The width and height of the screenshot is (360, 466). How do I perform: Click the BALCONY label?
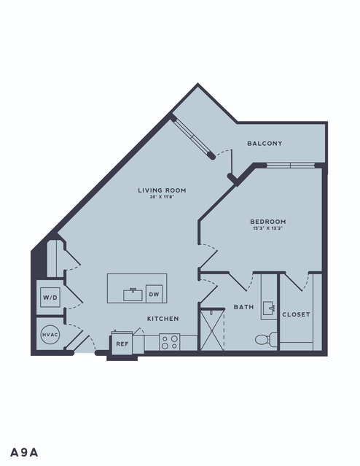pos(265,144)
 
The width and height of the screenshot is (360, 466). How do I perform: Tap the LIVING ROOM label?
pos(162,190)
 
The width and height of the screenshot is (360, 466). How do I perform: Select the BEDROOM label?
pos(268,222)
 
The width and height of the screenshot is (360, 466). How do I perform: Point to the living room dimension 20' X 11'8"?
pos(162,197)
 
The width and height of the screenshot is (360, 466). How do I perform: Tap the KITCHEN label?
pos(163,319)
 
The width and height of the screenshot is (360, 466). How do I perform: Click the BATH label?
pos(243,307)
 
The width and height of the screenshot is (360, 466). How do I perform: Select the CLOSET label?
pos(296,314)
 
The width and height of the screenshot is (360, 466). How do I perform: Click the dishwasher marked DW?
pos(154,294)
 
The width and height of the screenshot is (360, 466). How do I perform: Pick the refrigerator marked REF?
pos(122,343)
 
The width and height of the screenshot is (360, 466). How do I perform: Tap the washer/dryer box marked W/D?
pos(50,298)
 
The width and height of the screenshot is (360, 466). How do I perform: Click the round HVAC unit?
pos(50,335)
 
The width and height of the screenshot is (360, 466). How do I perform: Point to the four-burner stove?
pos(170,342)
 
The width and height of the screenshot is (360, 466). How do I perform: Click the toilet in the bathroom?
pos(266,339)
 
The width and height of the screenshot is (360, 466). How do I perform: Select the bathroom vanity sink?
pos(269,308)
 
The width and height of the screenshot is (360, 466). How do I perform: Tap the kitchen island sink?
pos(133,295)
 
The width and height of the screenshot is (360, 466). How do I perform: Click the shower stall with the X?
pos(211,330)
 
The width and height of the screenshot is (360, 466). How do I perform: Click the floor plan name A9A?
pos(24,452)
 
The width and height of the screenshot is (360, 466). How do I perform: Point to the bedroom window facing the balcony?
pos(290,166)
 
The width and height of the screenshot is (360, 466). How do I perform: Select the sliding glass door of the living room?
pos(192,137)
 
